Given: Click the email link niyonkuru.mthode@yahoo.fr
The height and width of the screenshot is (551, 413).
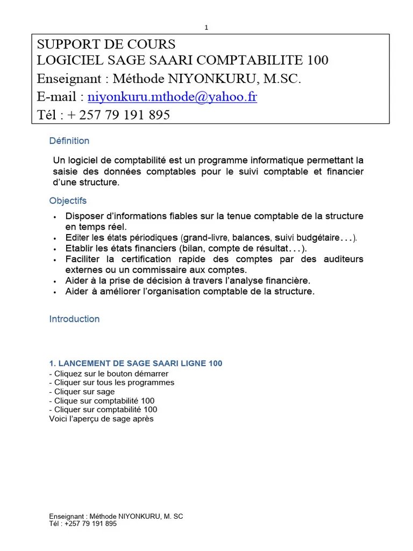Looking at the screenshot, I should click(x=172, y=97).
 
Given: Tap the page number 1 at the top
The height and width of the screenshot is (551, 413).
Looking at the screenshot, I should click(x=206, y=27).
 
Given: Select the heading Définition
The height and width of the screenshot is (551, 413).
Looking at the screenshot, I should click(x=69, y=141).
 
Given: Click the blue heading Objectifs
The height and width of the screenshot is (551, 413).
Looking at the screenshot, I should click(x=68, y=201).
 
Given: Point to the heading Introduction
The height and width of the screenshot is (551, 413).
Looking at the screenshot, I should click(x=74, y=319).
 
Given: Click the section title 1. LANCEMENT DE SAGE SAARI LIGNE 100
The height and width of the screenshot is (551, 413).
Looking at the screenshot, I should click(x=136, y=364).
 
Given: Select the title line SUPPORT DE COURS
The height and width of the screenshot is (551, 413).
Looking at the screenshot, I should click(x=106, y=44).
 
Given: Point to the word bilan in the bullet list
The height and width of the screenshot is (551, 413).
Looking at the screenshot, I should click(x=194, y=248).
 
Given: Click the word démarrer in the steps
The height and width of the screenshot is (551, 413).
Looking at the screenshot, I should click(x=152, y=373).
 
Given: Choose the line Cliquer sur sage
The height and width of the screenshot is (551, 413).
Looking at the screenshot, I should click(x=82, y=392).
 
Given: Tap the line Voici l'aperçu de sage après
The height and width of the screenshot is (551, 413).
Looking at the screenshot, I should click(x=101, y=419).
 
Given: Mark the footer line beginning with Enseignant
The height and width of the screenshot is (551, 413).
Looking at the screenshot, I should click(x=116, y=517).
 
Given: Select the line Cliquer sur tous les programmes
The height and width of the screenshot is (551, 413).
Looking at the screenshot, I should click(x=112, y=383).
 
